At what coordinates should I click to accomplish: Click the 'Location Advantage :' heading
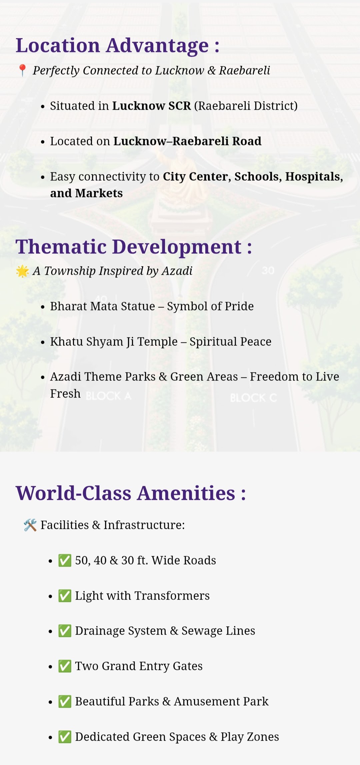tap(117, 45)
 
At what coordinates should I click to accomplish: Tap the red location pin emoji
tap(22, 70)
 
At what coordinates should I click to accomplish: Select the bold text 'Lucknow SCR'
tap(151, 106)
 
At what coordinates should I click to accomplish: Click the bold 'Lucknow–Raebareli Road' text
tap(187, 141)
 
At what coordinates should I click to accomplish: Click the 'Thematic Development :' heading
tap(134, 247)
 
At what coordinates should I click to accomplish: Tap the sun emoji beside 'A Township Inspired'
tap(22, 271)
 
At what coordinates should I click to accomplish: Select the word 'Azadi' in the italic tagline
tap(177, 271)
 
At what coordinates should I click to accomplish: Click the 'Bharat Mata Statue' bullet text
tap(103, 306)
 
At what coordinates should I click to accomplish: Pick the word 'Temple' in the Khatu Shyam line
tap(157, 341)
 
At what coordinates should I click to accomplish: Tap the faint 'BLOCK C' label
tap(253, 398)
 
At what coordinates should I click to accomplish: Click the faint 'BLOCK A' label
tap(109, 396)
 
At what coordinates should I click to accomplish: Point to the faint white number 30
tap(268, 270)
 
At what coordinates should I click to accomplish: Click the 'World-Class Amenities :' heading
tap(131, 493)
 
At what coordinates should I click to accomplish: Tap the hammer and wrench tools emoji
tap(30, 525)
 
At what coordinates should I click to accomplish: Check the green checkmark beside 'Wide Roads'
tap(65, 561)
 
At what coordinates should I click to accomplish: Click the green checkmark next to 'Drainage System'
tap(65, 631)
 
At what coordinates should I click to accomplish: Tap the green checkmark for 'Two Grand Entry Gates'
tap(65, 666)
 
